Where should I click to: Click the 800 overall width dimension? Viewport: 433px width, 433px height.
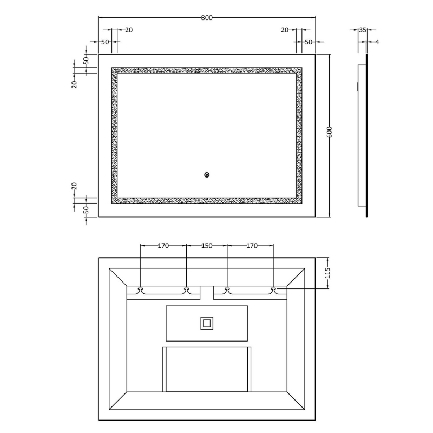pos(206,18)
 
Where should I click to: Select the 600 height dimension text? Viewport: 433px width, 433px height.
pos(329,133)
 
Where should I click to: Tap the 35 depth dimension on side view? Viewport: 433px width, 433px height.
pos(363,30)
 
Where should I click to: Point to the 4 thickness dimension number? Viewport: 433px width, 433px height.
pos(377,42)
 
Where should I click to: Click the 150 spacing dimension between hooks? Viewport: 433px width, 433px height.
pos(207,246)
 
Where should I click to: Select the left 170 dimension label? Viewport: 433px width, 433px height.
pos(163,246)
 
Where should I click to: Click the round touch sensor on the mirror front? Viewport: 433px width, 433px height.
pos(207,174)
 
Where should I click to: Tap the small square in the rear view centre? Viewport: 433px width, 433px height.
pos(206,324)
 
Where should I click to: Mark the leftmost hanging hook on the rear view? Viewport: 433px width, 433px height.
pos(141,290)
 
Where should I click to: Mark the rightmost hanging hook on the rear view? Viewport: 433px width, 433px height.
pos(273,290)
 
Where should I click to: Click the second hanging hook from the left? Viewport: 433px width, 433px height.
pos(187,290)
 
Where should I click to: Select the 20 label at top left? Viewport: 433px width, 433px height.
pos(129,30)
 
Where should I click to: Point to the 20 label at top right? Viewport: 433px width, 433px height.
pos(285,30)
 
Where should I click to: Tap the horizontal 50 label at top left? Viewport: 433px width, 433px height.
pos(105,42)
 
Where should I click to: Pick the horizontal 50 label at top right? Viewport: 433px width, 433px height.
pos(308,42)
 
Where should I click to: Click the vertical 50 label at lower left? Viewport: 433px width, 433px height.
pos(86,209)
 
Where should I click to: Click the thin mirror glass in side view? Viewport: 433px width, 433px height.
pos(367,135)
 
